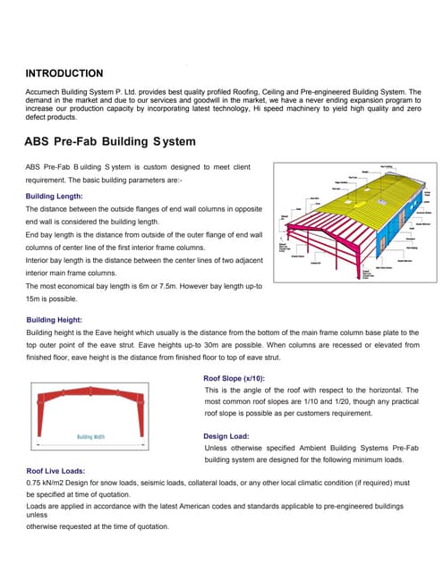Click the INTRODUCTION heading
(64, 73)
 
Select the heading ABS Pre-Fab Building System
(109, 141)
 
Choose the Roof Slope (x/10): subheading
(239, 378)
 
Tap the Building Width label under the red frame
(90, 437)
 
